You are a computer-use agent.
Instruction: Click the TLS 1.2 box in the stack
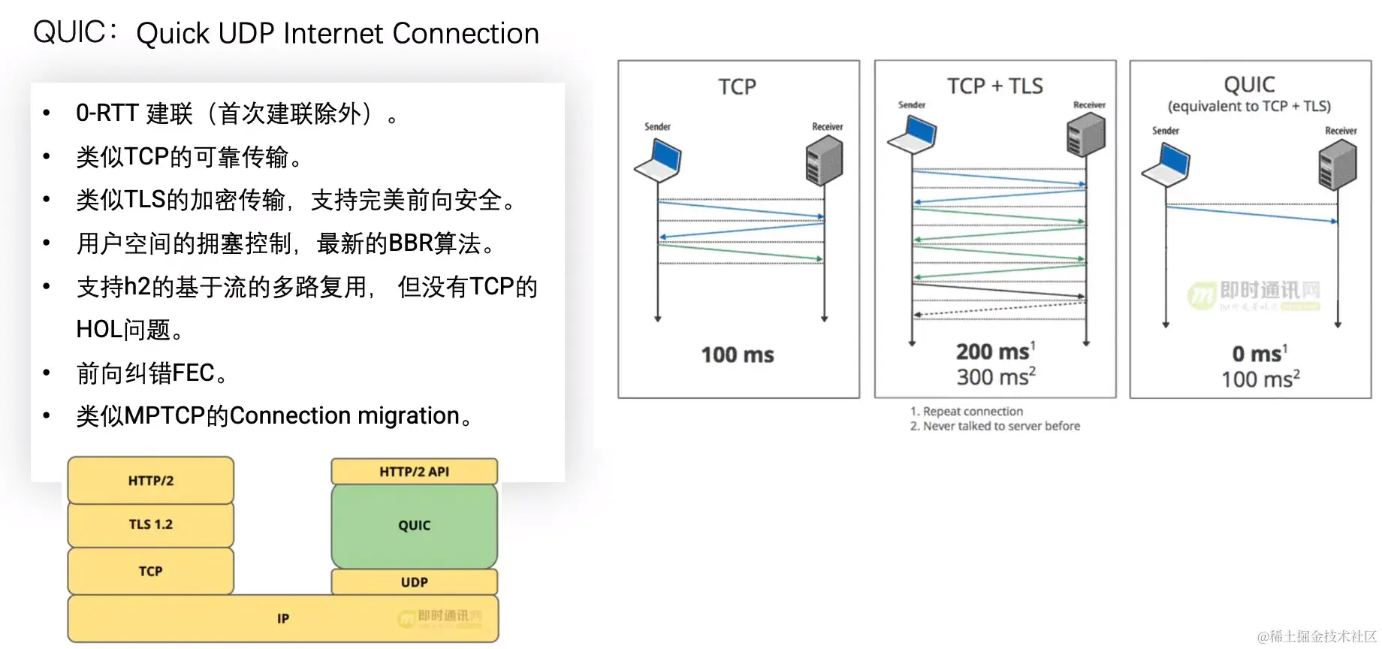(x=150, y=524)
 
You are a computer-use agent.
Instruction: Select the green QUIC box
(x=414, y=526)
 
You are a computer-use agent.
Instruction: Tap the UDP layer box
(x=414, y=582)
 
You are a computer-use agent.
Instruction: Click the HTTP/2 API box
(x=414, y=472)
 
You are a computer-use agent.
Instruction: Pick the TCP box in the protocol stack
(x=150, y=571)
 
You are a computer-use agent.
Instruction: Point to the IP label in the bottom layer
(x=283, y=619)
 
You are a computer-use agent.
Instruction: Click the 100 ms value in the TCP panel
(x=737, y=355)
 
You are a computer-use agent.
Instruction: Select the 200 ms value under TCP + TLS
(x=992, y=352)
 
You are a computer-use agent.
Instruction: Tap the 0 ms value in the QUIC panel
(x=1257, y=354)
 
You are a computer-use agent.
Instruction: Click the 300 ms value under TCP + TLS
(x=992, y=376)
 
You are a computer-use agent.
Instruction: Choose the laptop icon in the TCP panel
(x=658, y=161)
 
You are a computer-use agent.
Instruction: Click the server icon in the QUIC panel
(x=1337, y=166)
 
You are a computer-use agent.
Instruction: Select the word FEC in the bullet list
(x=193, y=373)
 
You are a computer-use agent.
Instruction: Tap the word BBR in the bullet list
(x=410, y=243)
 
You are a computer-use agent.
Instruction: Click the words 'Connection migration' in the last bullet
(x=344, y=415)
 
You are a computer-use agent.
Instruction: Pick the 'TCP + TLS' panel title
(x=994, y=86)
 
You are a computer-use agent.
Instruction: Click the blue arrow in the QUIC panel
(x=1251, y=214)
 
